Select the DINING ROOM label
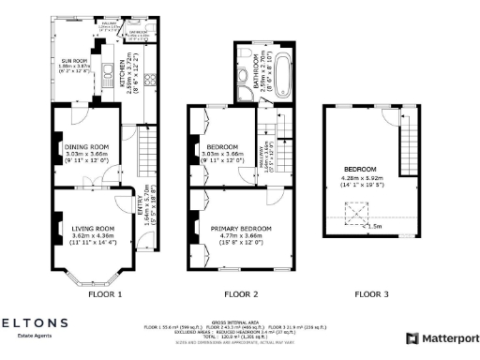click(x=85, y=146)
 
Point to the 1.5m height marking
click(x=375, y=226)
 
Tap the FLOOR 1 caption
click(x=105, y=293)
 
